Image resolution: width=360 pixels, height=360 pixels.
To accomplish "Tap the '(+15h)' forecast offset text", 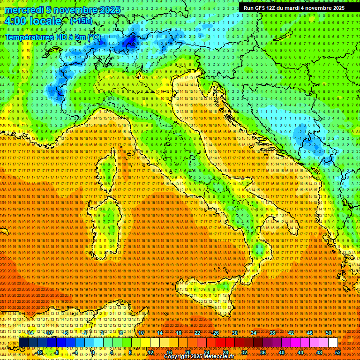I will coord(81,21).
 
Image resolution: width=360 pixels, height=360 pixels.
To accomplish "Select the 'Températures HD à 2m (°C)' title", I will coord(52,37).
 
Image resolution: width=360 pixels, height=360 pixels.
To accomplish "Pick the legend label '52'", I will coord(338,352).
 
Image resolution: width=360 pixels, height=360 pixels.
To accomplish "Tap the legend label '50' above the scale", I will coord(328,333).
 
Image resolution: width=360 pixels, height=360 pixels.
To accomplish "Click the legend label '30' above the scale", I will coord(234,333).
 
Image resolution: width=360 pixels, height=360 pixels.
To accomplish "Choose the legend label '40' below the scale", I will coord(282,352).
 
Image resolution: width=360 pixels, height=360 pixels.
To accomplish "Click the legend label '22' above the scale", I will coord(197,333).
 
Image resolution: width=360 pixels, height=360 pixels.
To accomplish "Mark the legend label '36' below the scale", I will coord(263,352).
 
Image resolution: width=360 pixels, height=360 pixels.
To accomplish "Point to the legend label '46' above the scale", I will coord(309,333).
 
